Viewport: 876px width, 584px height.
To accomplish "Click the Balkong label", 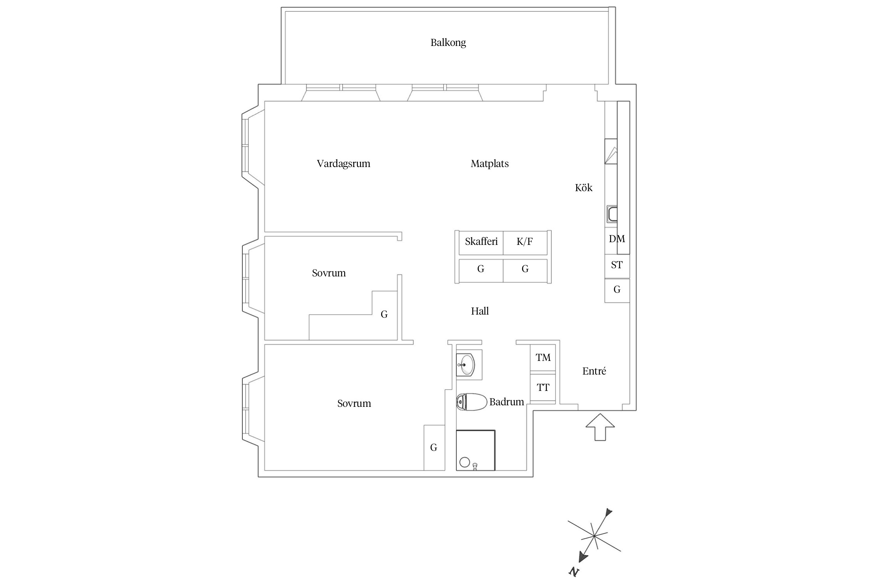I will pyautogui.click(x=448, y=42).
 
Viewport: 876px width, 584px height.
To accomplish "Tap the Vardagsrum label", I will pyautogui.click(x=343, y=164).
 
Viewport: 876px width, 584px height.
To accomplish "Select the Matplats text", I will pyautogui.click(x=489, y=164).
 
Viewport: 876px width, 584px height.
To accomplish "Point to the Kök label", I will pyautogui.click(x=583, y=188).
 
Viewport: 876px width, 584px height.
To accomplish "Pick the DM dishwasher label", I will pyautogui.click(x=616, y=239).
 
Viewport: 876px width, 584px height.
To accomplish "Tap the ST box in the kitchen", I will pyautogui.click(x=617, y=266).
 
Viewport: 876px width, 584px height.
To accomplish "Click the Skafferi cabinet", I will pyautogui.click(x=481, y=242).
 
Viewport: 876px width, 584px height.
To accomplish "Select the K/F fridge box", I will pyautogui.click(x=524, y=242).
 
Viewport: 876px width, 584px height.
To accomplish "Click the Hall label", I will pyautogui.click(x=480, y=311).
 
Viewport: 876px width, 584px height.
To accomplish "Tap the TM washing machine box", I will pyautogui.click(x=543, y=357).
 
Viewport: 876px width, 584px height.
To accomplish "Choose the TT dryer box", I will pyautogui.click(x=543, y=388).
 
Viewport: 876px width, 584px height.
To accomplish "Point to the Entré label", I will pyautogui.click(x=594, y=371).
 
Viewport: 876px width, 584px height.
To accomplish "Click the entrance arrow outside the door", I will pyautogui.click(x=600, y=427).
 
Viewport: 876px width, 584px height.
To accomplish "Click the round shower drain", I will pyautogui.click(x=464, y=462).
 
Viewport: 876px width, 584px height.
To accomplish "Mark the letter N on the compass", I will pyautogui.click(x=574, y=572).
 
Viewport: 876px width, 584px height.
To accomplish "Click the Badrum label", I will pyautogui.click(x=507, y=402).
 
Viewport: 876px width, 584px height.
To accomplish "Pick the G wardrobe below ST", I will pyautogui.click(x=617, y=290).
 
